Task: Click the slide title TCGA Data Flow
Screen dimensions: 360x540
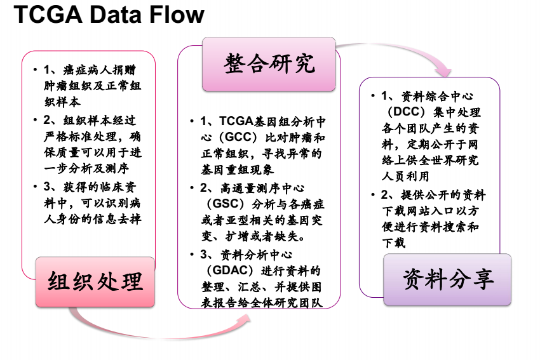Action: point(109,15)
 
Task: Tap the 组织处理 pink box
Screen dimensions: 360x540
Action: point(95,282)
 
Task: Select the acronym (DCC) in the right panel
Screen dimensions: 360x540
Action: point(405,112)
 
